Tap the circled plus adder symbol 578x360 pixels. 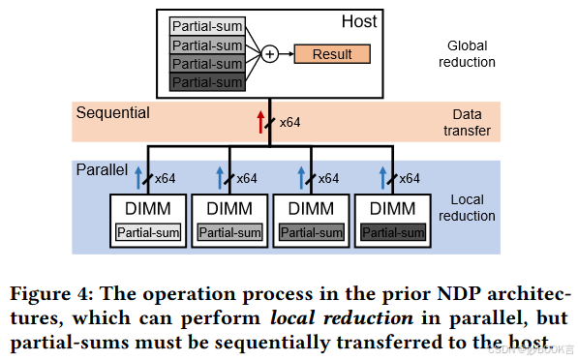pos(269,53)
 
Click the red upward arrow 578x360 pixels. pos(259,122)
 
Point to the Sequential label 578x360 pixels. pos(113,113)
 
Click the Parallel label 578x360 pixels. pos(102,169)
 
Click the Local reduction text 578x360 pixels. pos(469,208)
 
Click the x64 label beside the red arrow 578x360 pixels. pos(289,123)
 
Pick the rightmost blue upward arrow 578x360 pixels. pos(383,176)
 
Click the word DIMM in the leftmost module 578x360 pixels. pos(147,208)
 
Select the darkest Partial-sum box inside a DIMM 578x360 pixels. pos(393,232)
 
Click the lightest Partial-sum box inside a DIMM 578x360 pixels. pos(147,232)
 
